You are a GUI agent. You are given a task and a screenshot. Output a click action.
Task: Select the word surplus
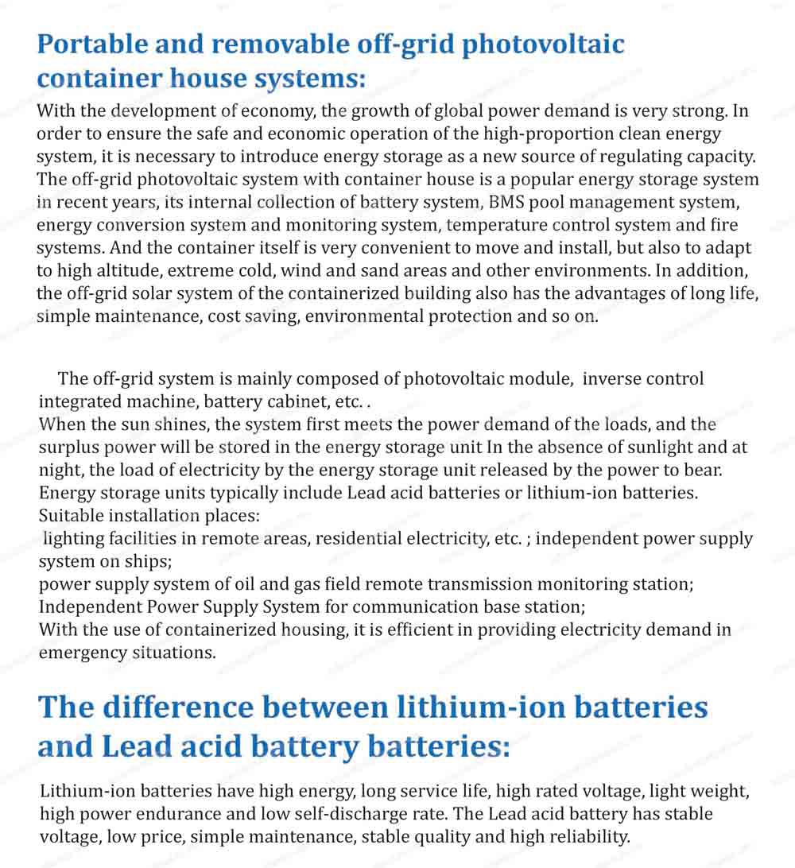pyautogui.click(x=72, y=448)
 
